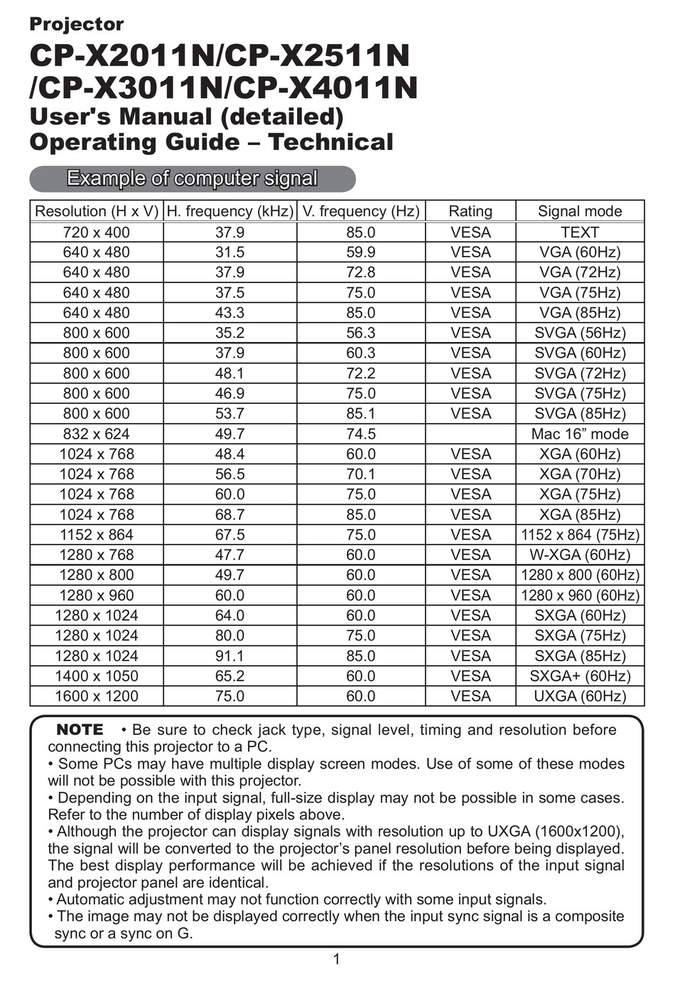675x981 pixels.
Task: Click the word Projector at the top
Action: (x=76, y=24)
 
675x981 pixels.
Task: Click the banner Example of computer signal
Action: (x=192, y=178)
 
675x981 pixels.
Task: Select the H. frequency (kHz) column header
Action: (x=229, y=211)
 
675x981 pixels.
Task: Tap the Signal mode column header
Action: (x=579, y=211)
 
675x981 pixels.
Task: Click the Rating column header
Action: (x=470, y=211)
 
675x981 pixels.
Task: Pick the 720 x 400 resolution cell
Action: (x=97, y=232)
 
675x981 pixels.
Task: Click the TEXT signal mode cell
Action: (x=579, y=232)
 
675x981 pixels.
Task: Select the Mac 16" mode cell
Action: (x=579, y=434)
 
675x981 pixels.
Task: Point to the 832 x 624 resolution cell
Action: (x=97, y=434)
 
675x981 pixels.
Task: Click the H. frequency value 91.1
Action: (x=229, y=655)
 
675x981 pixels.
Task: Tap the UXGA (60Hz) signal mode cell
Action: (x=579, y=696)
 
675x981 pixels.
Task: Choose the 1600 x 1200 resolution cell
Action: (x=97, y=696)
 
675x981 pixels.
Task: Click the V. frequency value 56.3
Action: (x=360, y=333)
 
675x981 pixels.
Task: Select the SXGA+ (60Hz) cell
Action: (x=579, y=676)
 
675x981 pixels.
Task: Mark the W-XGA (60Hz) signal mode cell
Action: (x=579, y=554)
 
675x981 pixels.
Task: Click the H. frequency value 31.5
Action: (x=229, y=252)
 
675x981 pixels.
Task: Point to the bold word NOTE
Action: (x=80, y=729)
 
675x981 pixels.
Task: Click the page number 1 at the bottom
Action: (x=336, y=960)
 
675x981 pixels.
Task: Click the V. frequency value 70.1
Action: (x=360, y=473)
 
